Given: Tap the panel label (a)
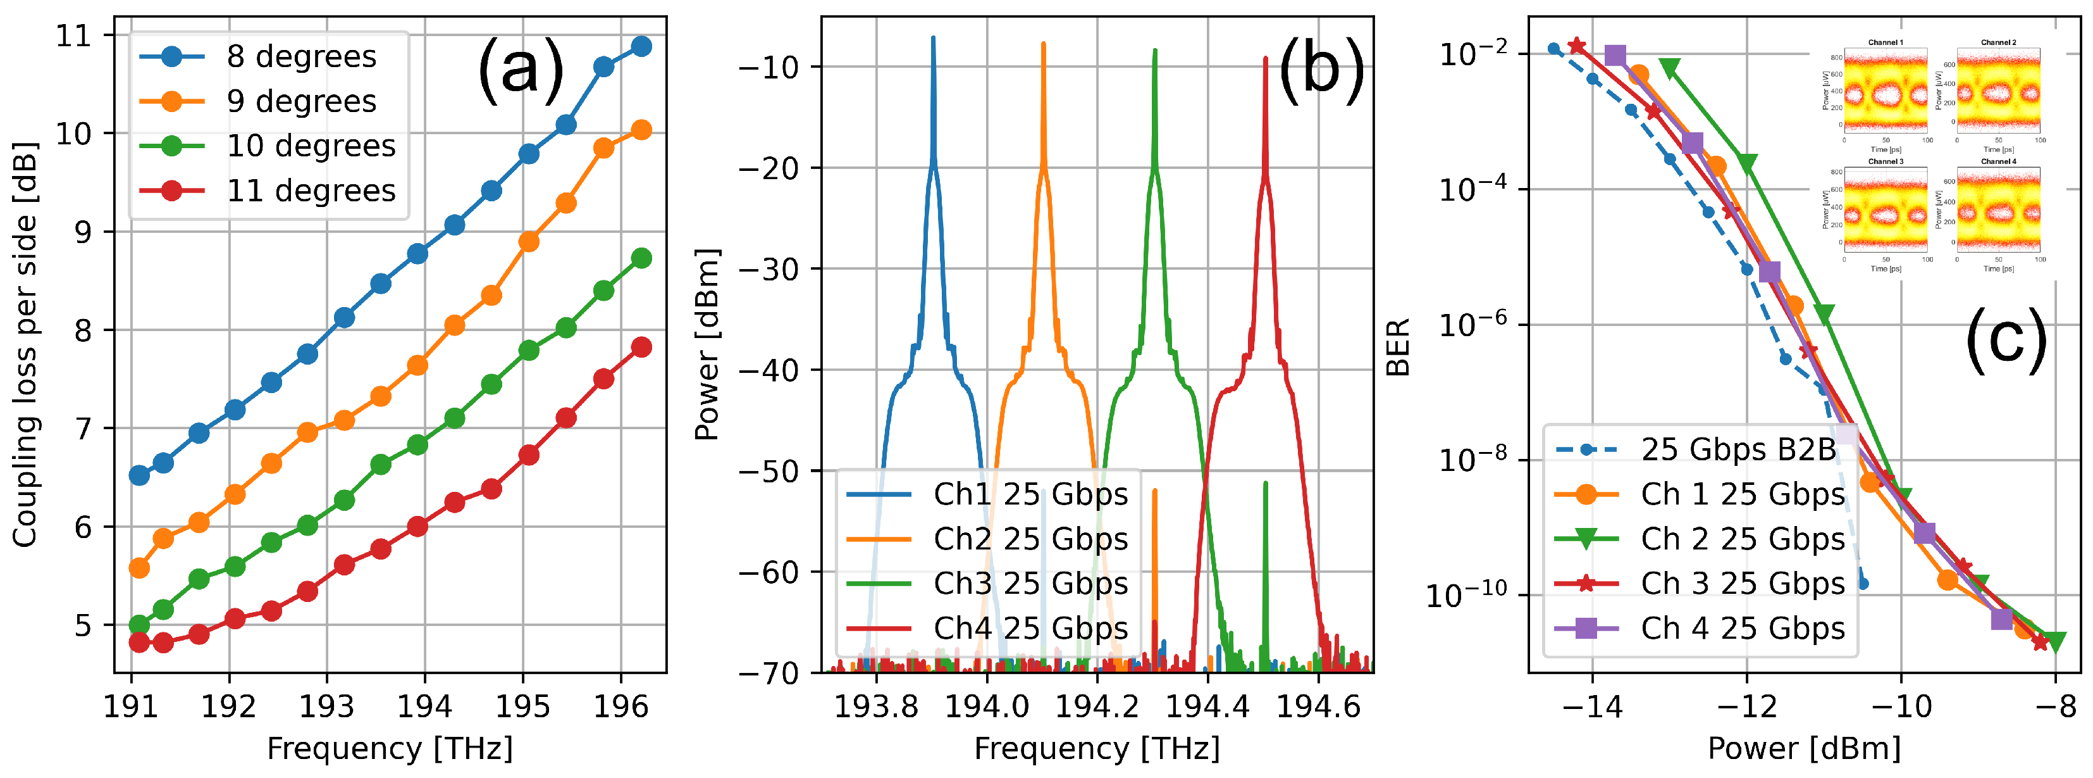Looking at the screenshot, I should (520, 69).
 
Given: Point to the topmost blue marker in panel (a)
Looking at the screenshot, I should (641, 46).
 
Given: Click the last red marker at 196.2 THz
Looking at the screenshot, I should (641, 347).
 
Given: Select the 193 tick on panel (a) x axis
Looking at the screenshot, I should (326, 706).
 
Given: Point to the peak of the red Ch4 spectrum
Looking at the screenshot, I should (1265, 58).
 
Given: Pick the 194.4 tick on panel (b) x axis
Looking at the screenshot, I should (1207, 706).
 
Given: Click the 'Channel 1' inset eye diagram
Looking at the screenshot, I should (1885, 91).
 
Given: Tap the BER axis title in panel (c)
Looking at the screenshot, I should (1397, 346).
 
